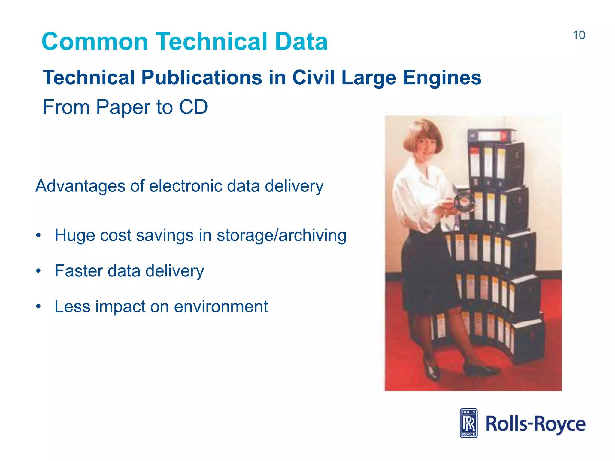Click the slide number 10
tap(579, 35)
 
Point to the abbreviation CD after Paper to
tap(193, 107)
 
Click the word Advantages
tap(80, 186)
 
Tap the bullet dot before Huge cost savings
tap(38, 235)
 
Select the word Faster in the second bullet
tap(79, 271)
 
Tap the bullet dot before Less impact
tap(38, 307)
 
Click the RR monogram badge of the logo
tap(468, 423)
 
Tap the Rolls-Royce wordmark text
tap(535, 424)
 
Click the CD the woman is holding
tap(463, 202)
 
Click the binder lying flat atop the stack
tap(491, 136)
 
